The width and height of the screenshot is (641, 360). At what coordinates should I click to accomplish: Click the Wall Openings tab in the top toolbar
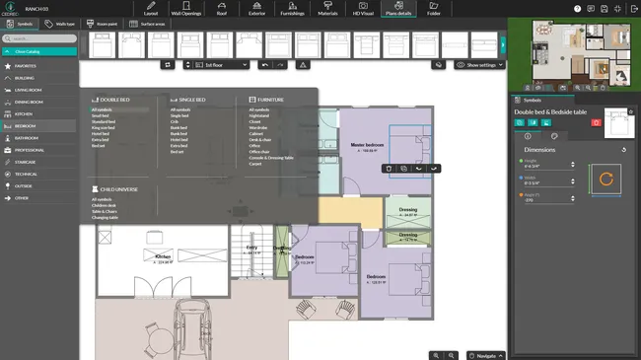click(x=185, y=10)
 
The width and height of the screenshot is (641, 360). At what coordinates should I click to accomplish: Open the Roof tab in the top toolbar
click(x=222, y=10)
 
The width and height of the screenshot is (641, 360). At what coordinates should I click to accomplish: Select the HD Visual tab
click(x=363, y=10)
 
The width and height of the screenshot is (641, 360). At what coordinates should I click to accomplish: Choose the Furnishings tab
click(x=292, y=10)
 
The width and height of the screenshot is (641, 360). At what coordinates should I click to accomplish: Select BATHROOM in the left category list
click(x=26, y=138)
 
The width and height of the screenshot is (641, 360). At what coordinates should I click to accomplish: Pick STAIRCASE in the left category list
click(x=26, y=162)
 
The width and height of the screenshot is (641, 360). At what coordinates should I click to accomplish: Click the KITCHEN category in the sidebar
click(x=24, y=114)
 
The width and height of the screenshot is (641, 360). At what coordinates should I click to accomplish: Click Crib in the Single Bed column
click(x=175, y=121)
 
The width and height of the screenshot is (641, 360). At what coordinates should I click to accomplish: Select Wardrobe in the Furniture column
click(x=257, y=127)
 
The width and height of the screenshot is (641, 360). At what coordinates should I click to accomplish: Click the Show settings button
click(x=479, y=65)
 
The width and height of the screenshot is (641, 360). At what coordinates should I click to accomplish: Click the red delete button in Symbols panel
click(x=595, y=122)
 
